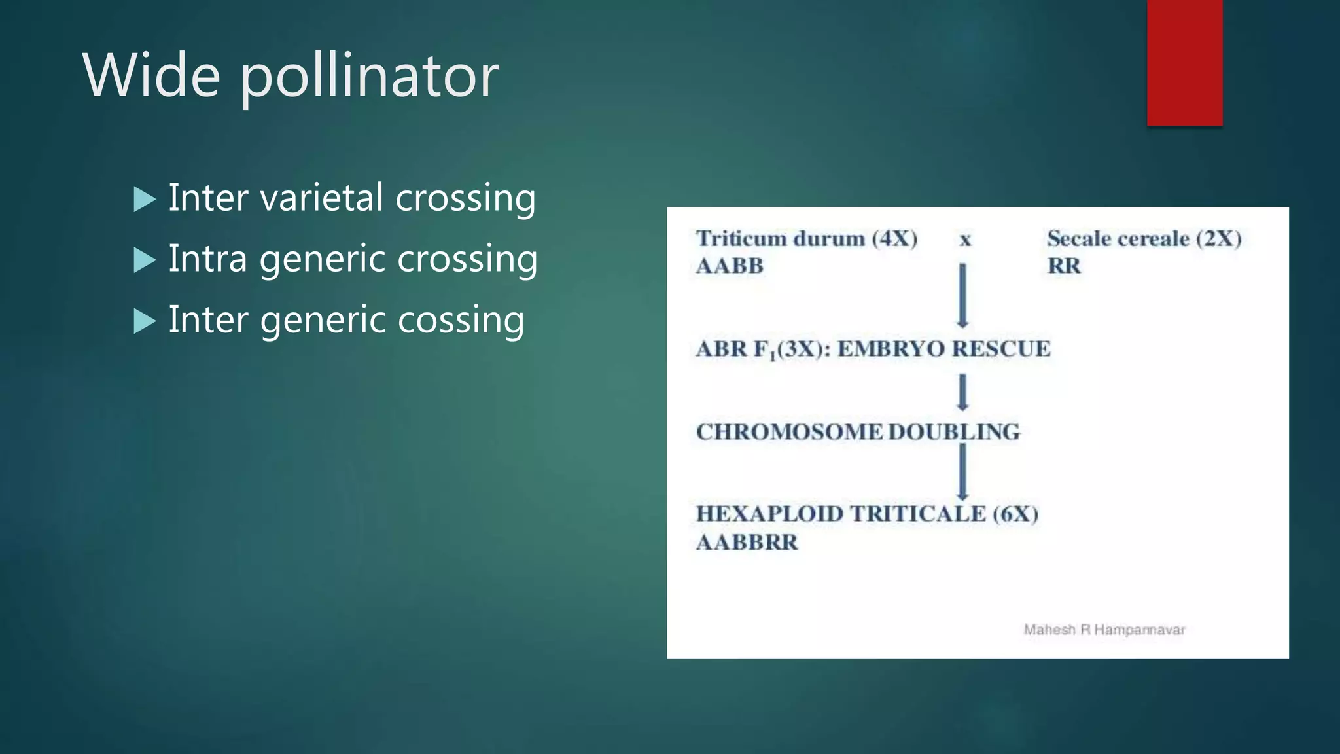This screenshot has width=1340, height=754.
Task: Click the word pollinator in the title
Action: (x=370, y=77)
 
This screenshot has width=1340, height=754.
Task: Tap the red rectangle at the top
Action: (x=1184, y=62)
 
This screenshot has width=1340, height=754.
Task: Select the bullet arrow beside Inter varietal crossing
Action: (x=145, y=199)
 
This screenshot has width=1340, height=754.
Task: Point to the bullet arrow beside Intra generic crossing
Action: (x=145, y=260)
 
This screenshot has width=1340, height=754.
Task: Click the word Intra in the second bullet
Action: (x=208, y=258)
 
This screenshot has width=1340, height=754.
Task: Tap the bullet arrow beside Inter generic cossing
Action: (x=145, y=321)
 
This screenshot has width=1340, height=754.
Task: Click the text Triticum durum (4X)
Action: (x=806, y=238)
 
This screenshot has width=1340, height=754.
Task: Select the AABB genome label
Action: (x=730, y=266)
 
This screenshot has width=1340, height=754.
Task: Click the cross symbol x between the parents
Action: (x=965, y=240)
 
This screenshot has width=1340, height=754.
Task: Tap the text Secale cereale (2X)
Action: (x=1144, y=238)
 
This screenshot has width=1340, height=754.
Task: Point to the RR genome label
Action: (x=1064, y=266)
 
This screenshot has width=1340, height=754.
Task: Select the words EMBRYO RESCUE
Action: (x=943, y=349)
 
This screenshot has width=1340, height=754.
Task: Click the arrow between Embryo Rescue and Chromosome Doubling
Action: (x=962, y=392)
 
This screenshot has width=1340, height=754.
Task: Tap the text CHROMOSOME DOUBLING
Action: (x=858, y=432)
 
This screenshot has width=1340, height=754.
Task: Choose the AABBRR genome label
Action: (x=747, y=543)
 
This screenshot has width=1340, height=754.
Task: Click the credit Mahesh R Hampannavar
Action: (x=1104, y=630)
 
